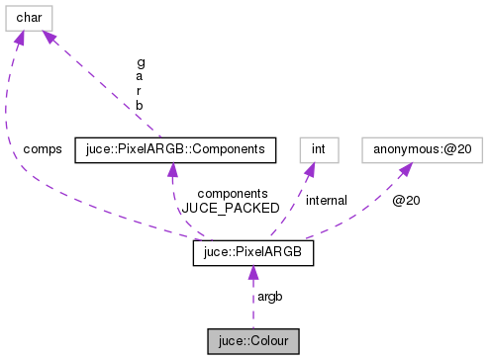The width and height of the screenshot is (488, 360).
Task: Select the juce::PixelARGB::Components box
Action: pos(174,149)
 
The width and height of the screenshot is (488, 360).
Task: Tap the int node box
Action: pos(319,149)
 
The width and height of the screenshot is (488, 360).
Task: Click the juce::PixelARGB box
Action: pos(253,253)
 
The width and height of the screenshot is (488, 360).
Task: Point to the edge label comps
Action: pos(43,149)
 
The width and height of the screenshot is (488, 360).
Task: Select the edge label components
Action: pos(233,194)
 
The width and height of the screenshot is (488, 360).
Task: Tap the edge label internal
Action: pos(326,200)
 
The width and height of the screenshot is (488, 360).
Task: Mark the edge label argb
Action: pos(269,297)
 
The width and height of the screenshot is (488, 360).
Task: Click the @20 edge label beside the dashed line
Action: pos(406,200)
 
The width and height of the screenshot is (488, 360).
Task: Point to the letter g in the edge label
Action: pos(141,61)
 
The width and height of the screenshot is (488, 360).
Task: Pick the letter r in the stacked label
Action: pos(141,90)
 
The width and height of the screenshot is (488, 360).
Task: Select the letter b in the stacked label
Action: pos(141,105)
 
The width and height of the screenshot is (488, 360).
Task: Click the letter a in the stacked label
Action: pos(141,76)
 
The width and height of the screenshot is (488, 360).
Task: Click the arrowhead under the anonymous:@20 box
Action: pos(405,170)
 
